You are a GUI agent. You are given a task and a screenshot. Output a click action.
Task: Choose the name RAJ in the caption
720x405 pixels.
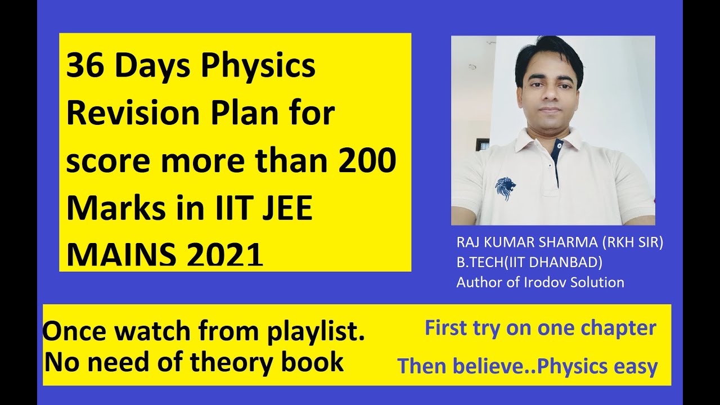pos(469,243)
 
